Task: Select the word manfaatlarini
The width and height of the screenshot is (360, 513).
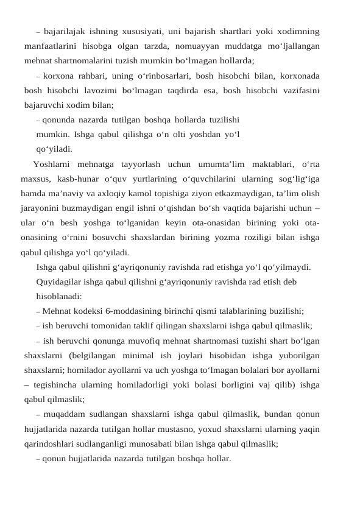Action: tap(52, 46)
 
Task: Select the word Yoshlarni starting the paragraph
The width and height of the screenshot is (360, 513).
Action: tap(54, 163)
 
